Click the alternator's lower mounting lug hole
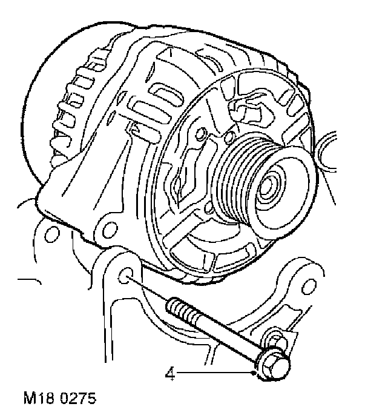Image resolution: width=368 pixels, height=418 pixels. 109,228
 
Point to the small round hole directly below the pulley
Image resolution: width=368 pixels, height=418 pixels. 209,209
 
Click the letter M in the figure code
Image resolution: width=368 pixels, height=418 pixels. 28,400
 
